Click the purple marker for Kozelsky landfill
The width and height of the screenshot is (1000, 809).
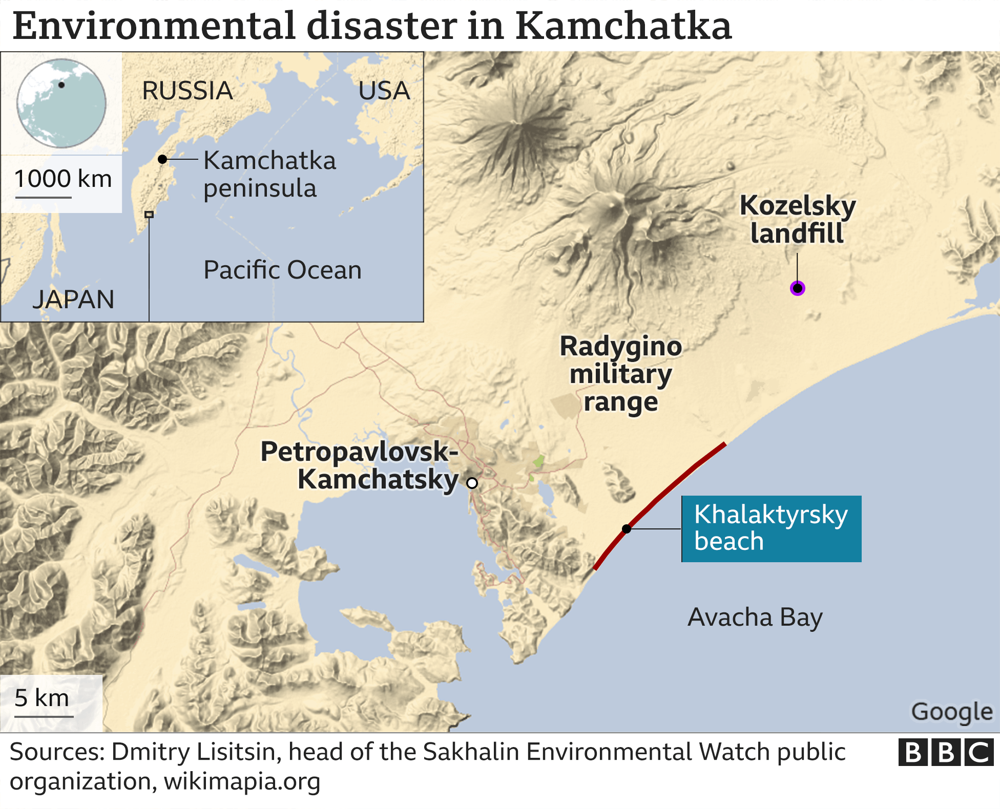click(797, 288)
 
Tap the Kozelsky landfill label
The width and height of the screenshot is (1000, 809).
click(797, 219)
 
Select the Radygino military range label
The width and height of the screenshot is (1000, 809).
click(620, 374)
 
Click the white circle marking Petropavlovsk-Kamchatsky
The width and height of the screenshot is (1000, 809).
click(472, 483)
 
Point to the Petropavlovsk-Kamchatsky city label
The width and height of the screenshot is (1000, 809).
click(360, 465)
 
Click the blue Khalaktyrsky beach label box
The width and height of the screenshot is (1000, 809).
click(771, 528)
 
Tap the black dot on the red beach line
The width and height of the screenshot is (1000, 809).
click(627, 528)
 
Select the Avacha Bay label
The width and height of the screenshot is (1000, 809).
click(755, 617)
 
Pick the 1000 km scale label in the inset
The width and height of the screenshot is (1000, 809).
click(62, 179)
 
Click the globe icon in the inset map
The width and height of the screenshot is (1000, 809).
click(61, 103)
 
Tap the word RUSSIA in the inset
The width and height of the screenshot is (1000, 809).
click(187, 91)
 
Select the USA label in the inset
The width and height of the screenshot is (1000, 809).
click(384, 91)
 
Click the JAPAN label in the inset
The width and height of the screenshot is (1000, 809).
click(73, 300)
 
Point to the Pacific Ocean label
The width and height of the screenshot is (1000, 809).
click(282, 270)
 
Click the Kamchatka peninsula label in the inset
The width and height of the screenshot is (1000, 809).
click(269, 174)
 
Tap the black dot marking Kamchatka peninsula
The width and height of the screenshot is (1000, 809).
click(162, 159)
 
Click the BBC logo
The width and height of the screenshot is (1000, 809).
click(945, 753)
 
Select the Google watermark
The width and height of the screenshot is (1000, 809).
click(951, 712)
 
